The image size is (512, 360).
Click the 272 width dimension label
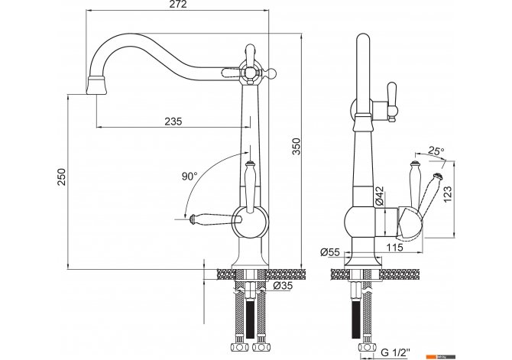pyautogui.click(x=178, y=5)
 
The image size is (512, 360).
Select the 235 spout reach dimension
pyautogui.click(x=173, y=122)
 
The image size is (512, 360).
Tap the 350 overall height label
pyautogui.click(x=296, y=146)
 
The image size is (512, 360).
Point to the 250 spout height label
pyautogui.click(x=61, y=177)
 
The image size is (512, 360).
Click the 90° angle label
pyautogui.click(x=190, y=177)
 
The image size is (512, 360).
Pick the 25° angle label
pyautogui.click(x=436, y=151)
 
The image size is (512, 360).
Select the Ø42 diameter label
pyautogui.click(x=379, y=196)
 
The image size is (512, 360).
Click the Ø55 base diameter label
pyautogui.click(x=330, y=252)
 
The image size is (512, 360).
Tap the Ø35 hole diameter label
pyautogui.click(x=283, y=286)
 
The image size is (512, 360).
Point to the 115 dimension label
pyautogui.click(x=395, y=248)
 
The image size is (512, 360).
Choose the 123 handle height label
pyautogui.click(x=447, y=193)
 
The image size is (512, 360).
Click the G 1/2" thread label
pyautogui.click(x=395, y=352)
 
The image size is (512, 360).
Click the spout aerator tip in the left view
pyautogui.click(x=96, y=86)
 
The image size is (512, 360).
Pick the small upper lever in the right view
pyautogui.click(x=391, y=102)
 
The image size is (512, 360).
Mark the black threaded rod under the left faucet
pyautogui.click(x=250, y=319)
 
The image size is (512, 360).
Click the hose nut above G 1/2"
pyautogui.click(x=366, y=347)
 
